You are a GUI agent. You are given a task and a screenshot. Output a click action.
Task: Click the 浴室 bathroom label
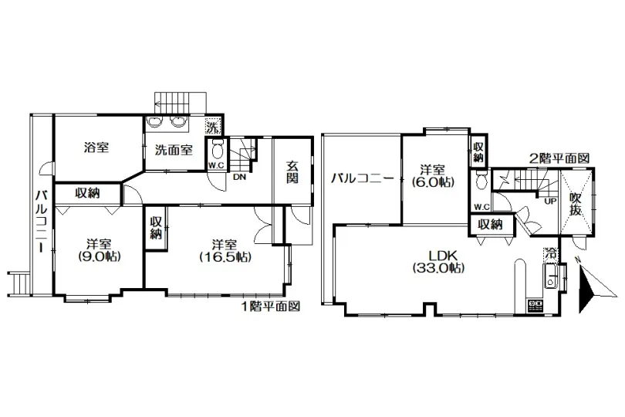[x=96, y=147]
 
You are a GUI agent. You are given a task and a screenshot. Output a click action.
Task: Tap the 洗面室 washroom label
[x=174, y=150]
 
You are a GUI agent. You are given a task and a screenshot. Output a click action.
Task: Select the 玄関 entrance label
[x=292, y=171]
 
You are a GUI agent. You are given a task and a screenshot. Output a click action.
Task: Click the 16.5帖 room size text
[x=225, y=256]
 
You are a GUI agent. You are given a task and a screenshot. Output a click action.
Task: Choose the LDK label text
[x=438, y=255]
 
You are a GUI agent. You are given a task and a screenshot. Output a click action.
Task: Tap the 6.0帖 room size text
[x=432, y=182]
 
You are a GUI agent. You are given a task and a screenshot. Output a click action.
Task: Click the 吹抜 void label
[x=575, y=204]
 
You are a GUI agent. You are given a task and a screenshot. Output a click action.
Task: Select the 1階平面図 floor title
[x=271, y=307]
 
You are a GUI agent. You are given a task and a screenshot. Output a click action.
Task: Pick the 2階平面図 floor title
[x=559, y=158]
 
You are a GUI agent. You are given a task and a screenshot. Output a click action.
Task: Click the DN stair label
[x=239, y=177]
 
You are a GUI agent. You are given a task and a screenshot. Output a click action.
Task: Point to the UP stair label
[x=550, y=202]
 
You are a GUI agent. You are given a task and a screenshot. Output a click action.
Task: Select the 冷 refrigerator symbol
[x=552, y=253]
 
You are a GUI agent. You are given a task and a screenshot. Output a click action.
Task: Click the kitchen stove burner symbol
[x=535, y=306]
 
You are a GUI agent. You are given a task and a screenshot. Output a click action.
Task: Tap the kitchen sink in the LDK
[x=551, y=276]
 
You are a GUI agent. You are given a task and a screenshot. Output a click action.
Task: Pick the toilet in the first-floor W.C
[x=218, y=150]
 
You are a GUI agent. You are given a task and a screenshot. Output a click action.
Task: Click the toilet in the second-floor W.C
[x=481, y=181]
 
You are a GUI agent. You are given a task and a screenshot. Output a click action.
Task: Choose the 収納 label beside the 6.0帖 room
[x=478, y=152]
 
